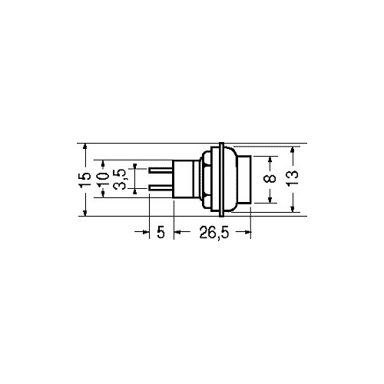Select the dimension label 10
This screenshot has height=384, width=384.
coord(103,179)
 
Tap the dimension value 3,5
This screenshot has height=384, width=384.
coord(120,179)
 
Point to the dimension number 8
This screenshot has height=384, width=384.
coord(270,178)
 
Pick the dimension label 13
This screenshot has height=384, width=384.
coord(293,178)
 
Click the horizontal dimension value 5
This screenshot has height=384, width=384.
coord(161,233)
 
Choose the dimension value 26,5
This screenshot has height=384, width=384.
coord(214,233)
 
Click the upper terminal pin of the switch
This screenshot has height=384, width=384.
coord(161,170)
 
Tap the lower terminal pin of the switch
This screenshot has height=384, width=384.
coord(161,188)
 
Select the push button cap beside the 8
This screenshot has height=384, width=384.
coord(244,180)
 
